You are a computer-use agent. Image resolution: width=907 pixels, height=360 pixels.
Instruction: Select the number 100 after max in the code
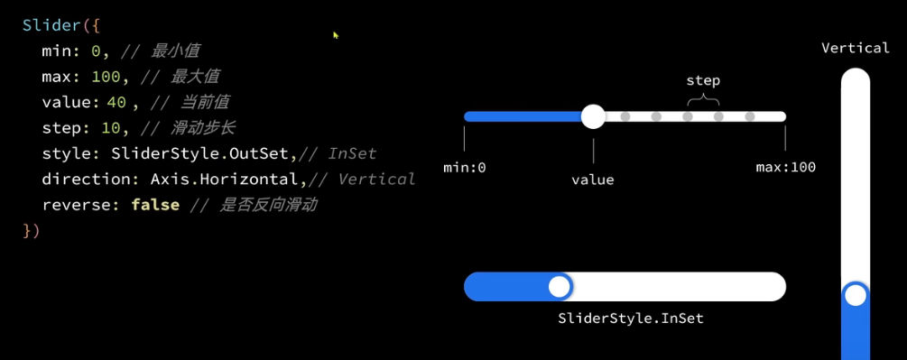point(106,77)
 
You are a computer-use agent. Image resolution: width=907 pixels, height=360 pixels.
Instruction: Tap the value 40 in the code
point(116,103)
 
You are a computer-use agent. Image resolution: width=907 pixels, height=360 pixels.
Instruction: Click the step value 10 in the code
point(110,128)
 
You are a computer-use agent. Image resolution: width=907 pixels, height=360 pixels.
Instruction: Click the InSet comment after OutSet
point(352,153)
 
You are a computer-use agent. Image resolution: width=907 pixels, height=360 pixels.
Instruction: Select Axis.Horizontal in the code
point(226,180)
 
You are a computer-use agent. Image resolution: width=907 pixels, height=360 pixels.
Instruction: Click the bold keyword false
point(155,205)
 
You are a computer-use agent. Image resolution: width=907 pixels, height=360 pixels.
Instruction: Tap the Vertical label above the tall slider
point(856,48)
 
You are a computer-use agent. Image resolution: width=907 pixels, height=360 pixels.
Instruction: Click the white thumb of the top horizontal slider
point(593,116)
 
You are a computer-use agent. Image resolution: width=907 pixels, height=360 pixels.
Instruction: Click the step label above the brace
point(703,80)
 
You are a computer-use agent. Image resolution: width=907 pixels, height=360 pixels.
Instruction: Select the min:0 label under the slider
point(465,168)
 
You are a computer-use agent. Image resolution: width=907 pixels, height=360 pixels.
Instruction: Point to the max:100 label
point(785,168)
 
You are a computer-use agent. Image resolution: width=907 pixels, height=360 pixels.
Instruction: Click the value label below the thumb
point(593,180)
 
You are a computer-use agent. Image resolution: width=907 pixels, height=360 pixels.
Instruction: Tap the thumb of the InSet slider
point(560,287)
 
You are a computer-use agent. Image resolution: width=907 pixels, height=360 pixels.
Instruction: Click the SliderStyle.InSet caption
point(631,318)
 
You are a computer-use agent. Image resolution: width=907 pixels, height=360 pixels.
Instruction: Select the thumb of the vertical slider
point(856,295)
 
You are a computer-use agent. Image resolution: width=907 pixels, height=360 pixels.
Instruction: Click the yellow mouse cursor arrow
point(336,35)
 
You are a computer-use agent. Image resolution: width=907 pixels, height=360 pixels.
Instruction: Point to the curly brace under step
point(703,100)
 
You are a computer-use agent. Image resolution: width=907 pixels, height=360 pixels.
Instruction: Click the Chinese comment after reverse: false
point(268,205)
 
